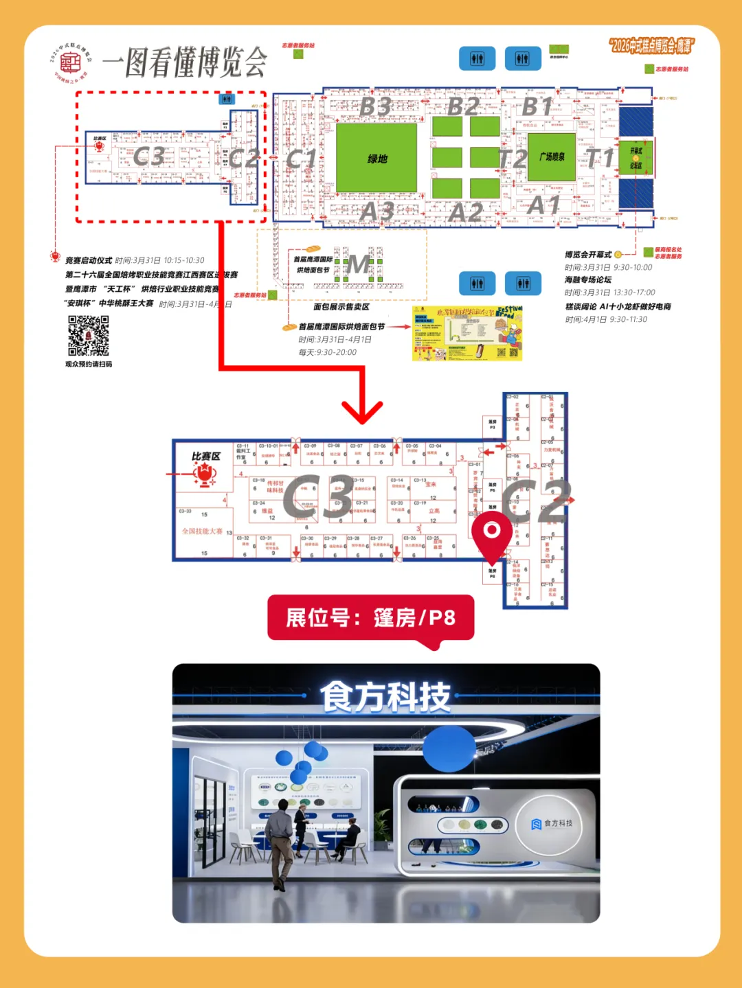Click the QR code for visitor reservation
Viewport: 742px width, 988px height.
pos(88,336)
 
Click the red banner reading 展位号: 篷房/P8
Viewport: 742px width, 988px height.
pos(371,618)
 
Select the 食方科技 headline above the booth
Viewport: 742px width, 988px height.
pos(385,696)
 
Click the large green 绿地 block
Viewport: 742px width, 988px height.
pos(376,158)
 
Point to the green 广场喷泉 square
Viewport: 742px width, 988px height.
pos(551,157)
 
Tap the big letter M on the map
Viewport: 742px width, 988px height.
pos(360,264)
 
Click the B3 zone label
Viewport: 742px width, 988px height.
pos(375,107)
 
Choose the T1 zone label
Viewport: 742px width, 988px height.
pos(600,159)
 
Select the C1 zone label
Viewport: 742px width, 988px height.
pos(301,159)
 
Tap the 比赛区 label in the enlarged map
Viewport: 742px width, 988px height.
pos(205,457)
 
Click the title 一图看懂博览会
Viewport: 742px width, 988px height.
pos(185,62)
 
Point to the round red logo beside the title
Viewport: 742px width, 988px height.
pos(70,62)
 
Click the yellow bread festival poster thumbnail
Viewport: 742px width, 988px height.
pos(467,334)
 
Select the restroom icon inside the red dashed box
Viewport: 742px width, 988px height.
pos(227,100)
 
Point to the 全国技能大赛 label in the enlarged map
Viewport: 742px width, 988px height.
pos(202,531)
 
